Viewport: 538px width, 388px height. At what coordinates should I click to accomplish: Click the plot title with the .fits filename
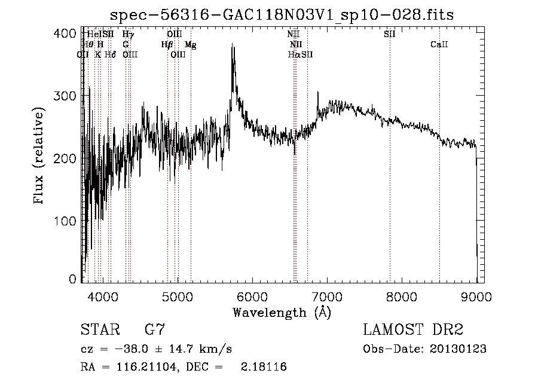[282, 15]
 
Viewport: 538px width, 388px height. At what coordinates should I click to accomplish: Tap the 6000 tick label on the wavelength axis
[252, 296]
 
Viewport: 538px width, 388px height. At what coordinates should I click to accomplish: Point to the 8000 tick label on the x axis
[402, 296]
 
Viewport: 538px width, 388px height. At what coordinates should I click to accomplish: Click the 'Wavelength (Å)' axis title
[281, 312]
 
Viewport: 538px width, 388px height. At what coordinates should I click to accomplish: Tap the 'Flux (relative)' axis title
[39, 157]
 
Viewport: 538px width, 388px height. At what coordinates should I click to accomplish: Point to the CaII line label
[439, 44]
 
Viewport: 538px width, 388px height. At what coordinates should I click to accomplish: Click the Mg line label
[190, 44]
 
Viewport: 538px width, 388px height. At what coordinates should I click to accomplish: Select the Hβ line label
[167, 44]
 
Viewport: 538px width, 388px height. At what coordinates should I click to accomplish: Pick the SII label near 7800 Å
[389, 34]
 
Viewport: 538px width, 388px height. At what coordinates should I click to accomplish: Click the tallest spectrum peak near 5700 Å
[232, 45]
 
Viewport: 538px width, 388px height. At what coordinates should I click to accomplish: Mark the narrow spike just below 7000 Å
[317, 93]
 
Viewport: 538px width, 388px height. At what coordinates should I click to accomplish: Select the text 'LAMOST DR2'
[413, 330]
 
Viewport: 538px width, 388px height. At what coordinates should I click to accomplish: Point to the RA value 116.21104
[138, 367]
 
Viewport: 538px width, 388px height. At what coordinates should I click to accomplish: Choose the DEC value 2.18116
[263, 367]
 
